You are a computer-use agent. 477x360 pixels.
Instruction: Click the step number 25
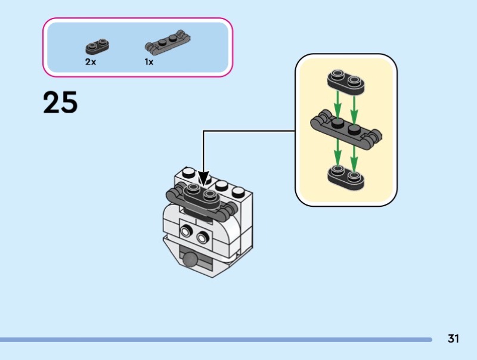[x=60, y=103]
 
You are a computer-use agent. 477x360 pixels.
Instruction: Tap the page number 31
[x=453, y=339]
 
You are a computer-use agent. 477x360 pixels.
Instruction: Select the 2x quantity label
[x=90, y=61]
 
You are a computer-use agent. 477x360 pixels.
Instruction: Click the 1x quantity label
[x=148, y=61]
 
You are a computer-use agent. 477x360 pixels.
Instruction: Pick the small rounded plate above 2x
[x=99, y=45]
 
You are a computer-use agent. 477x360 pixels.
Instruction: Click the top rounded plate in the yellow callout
[x=345, y=82]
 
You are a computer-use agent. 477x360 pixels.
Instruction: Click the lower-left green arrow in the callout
[x=337, y=153]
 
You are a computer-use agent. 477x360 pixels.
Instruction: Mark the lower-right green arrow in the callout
[x=354, y=153]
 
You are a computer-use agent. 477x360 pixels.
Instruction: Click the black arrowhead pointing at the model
[x=204, y=178]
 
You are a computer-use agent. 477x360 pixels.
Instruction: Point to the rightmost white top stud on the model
[x=238, y=192]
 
